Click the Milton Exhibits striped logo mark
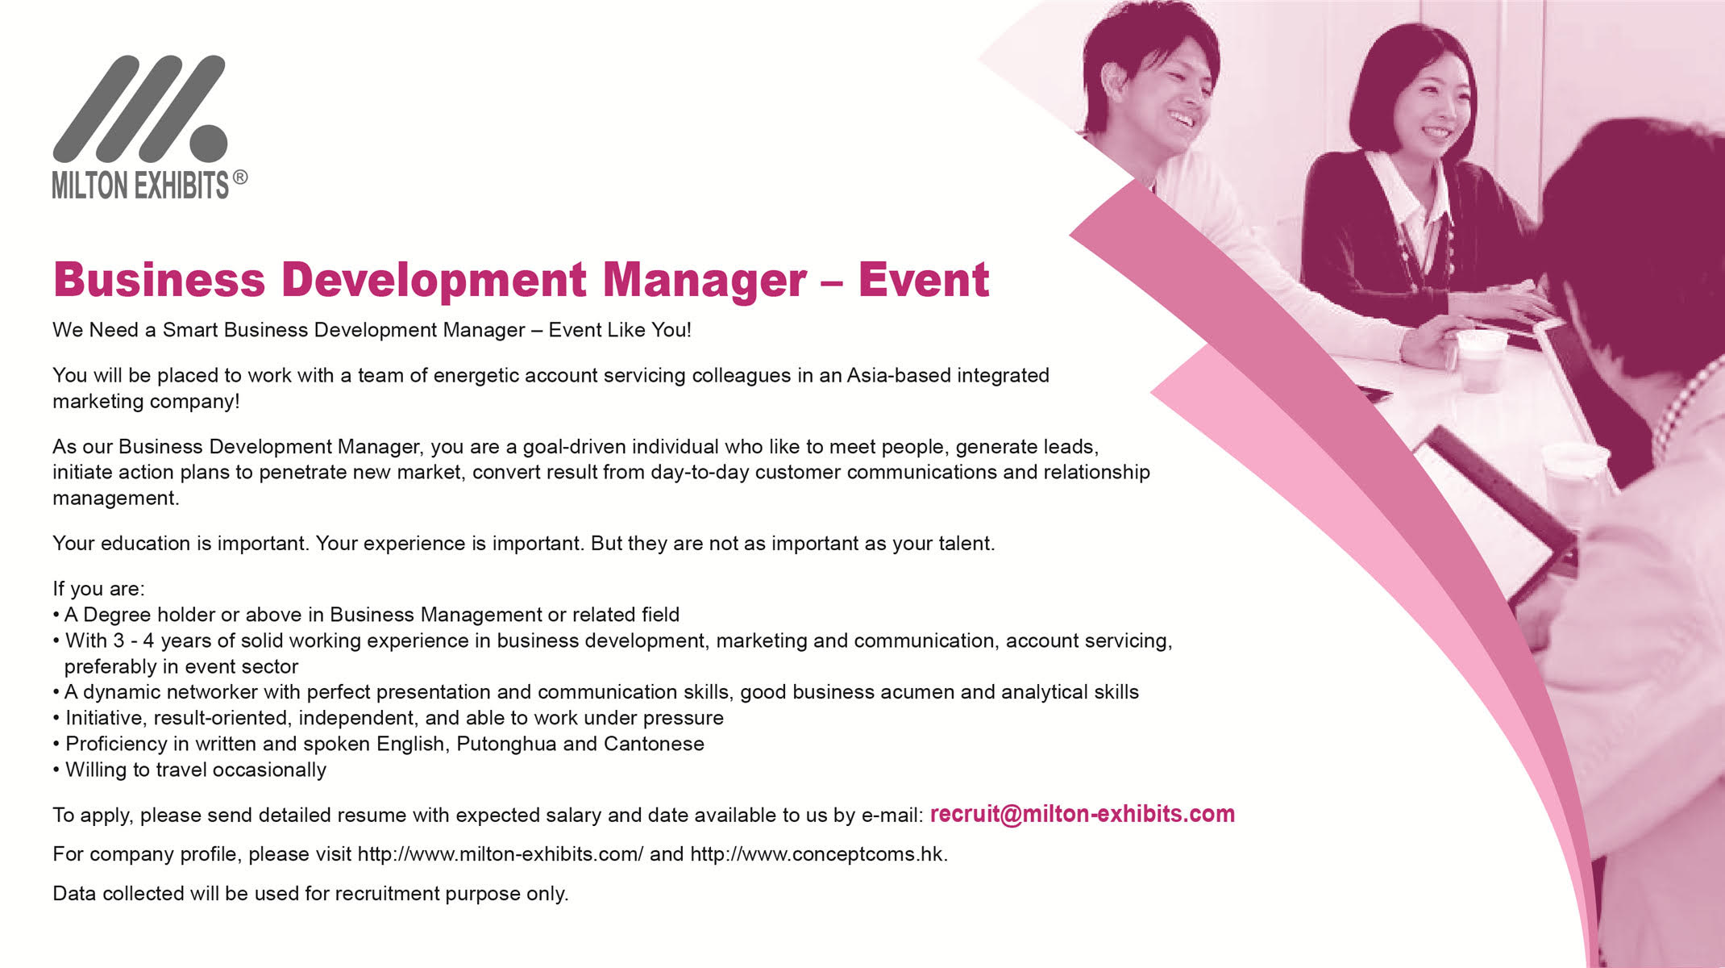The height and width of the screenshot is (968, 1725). pos(139,108)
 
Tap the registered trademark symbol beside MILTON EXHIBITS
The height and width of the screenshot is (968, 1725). pos(239,178)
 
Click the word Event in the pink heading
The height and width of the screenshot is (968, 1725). pos(923,280)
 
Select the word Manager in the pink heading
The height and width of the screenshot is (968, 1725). pos(705,281)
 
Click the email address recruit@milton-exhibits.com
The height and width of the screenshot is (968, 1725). pos(1083,814)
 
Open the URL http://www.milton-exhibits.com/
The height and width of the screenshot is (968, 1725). pos(501,853)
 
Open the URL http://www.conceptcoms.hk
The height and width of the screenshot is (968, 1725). pos(819,853)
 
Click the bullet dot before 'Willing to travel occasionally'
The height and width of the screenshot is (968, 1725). pos(56,770)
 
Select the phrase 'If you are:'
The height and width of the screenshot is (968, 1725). pos(98,589)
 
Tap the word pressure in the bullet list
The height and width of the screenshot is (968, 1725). pos(682,718)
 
